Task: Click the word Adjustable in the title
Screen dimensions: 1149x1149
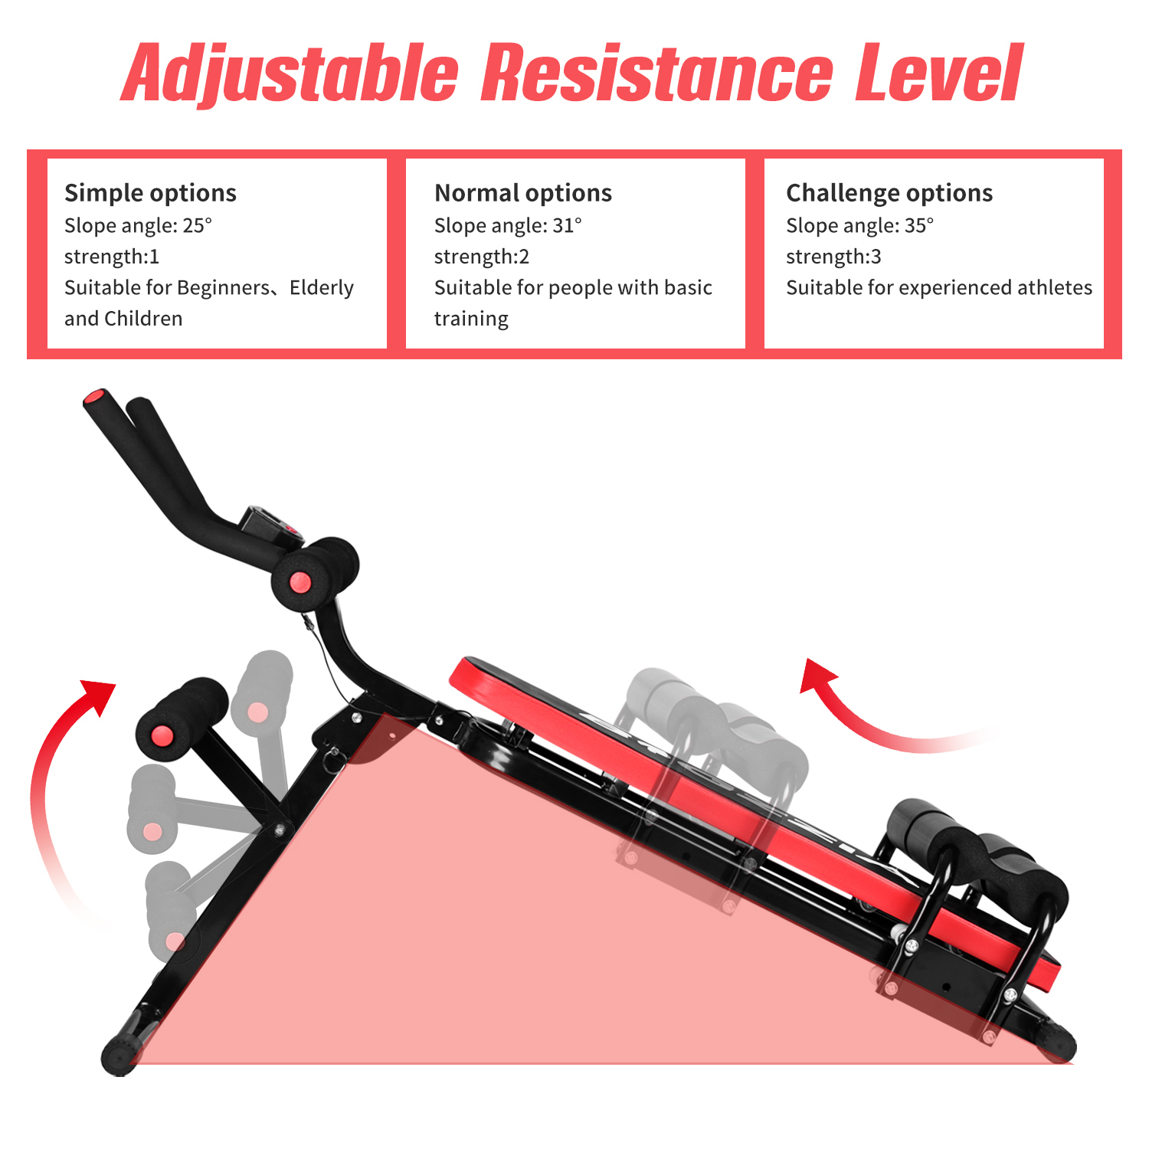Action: click(x=290, y=74)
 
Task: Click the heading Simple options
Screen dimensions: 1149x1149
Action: click(x=150, y=193)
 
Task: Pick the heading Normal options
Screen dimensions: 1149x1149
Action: click(x=523, y=193)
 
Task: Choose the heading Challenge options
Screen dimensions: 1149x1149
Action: click(x=889, y=193)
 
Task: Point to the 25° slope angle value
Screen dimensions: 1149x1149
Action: click(x=197, y=225)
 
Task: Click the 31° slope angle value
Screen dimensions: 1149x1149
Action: click(x=567, y=225)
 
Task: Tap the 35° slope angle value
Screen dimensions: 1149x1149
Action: click(x=919, y=225)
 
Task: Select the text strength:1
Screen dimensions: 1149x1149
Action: click(x=112, y=257)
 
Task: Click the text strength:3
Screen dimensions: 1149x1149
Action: click(x=833, y=257)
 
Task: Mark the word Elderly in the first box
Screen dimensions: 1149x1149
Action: click(x=322, y=288)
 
